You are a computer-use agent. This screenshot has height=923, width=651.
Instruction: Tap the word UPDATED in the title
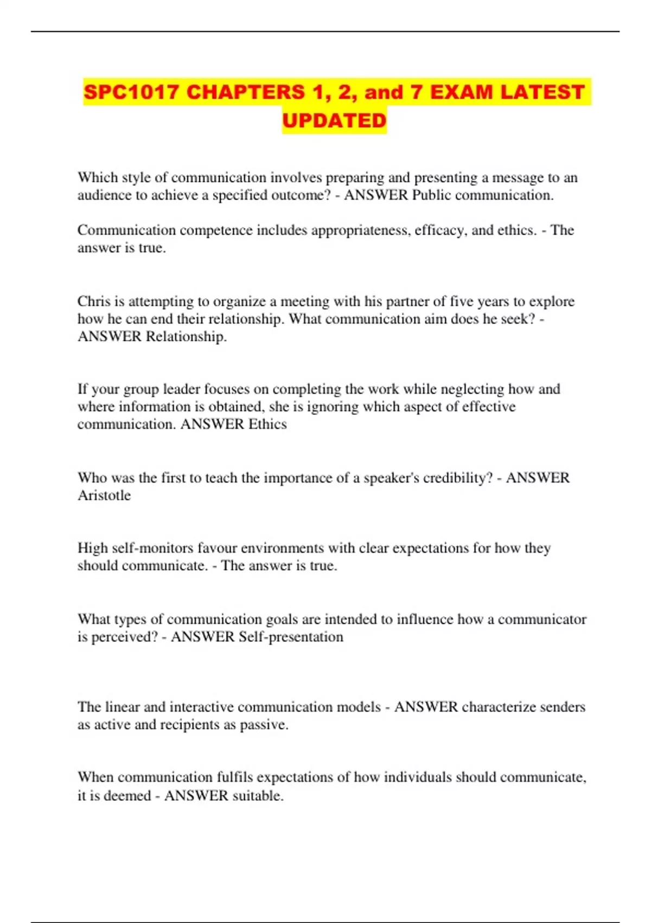(x=334, y=121)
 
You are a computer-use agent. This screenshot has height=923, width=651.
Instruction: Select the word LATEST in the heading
(x=542, y=92)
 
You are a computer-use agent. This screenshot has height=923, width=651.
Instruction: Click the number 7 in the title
(x=416, y=92)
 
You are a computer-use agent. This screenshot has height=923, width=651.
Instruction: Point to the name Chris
(x=93, y=301)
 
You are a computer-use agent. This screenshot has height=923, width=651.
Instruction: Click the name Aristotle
(x=104, y=495)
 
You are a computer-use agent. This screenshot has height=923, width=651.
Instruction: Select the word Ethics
(x=267, y=424)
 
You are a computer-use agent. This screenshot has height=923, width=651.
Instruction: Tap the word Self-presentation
(x=291, y=637)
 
